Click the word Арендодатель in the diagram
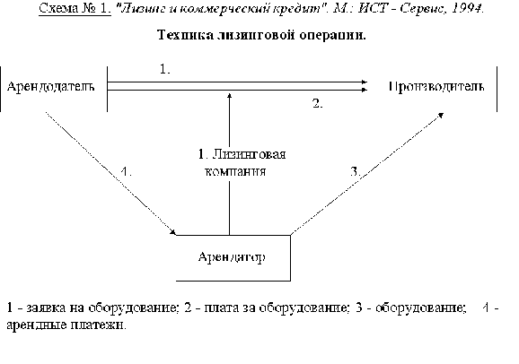pyautogui.click(x=50, y=87)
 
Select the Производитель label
pyautogui.click(x=436, y=87)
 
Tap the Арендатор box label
pyautogui.click(x=232, y=257)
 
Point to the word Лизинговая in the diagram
pyautogui.click(x=249, y=154)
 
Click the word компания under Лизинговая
pyautogui.click(x=235, y=171)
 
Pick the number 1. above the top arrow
pyautogui.click(x=165, y=69)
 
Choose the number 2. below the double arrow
pyautogui.click(x=318, y=103)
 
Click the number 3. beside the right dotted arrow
pyautogui.click(x=356, y=171)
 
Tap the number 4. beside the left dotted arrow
pyautogui.click(x=126, y=171)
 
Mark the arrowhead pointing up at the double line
pyautogui.click(x=229, y=95)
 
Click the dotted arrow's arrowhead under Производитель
pyautogui.click(x=441, y=115)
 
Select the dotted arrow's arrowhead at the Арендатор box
pyautogui.click(x=173, y=232)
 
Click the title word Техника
pyautogui.click(x=185, y=35)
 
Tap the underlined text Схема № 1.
pyautogui.click(x=75, y=8)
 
